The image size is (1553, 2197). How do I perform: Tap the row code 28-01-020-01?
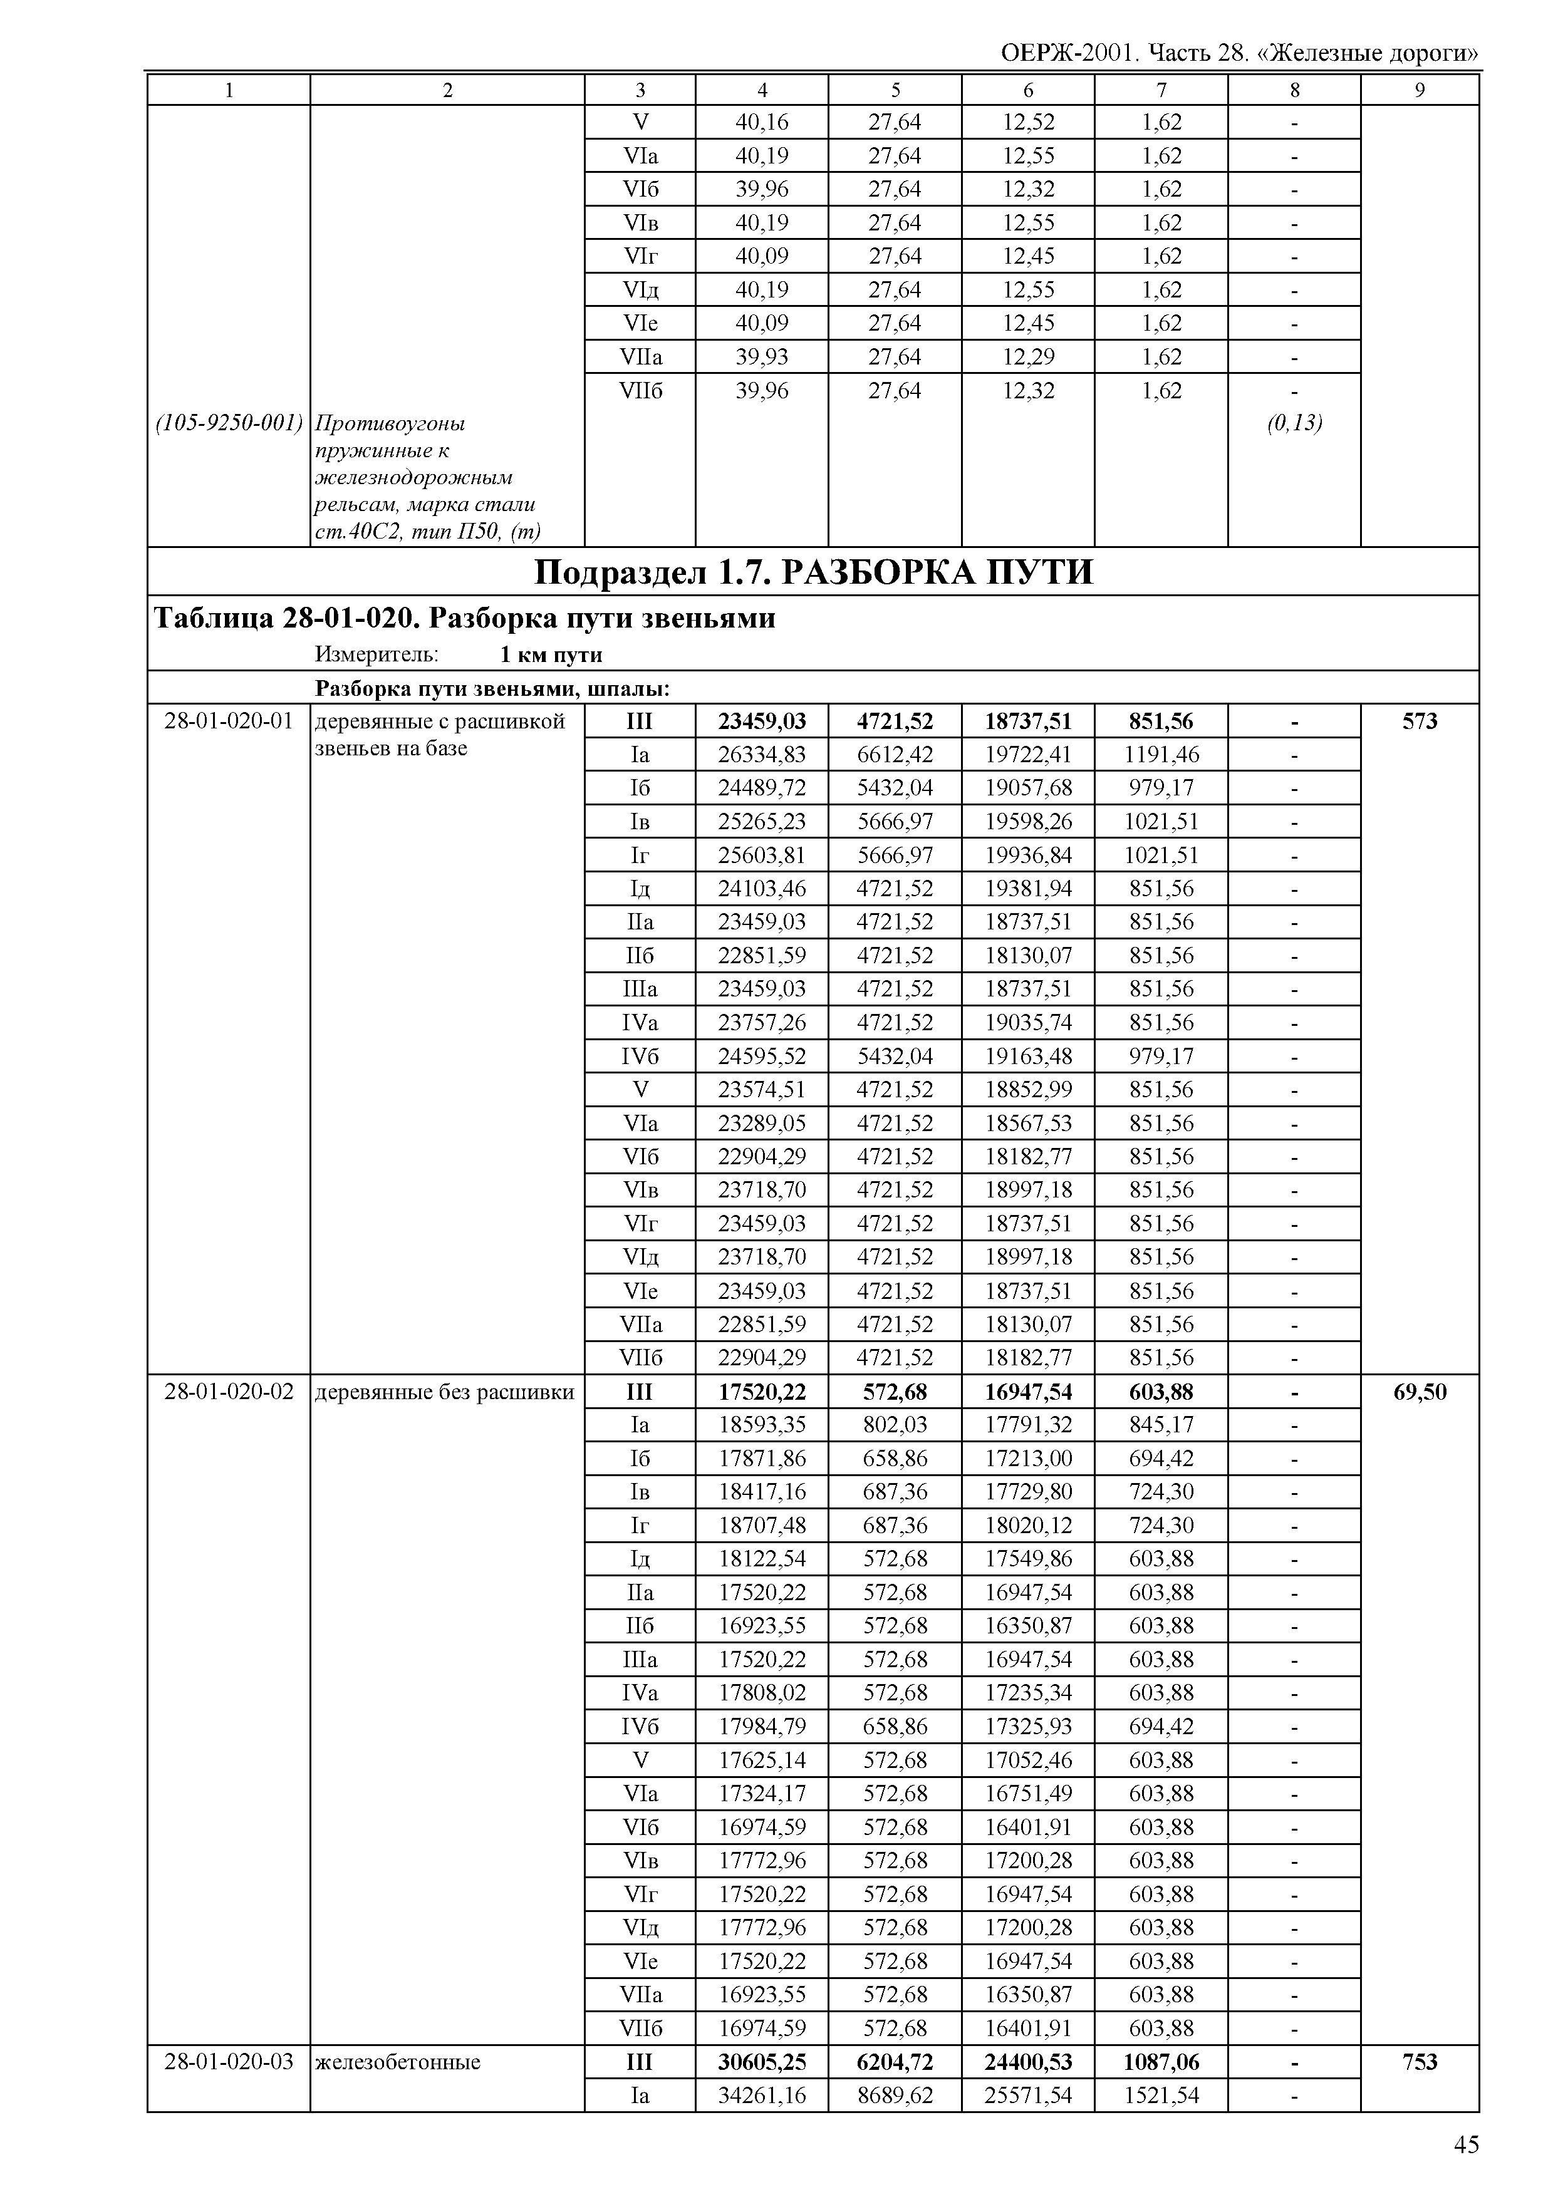[229, 720]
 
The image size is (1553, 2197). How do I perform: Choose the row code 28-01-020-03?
[229, 2061]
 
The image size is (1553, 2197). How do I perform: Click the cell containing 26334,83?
[762, 755]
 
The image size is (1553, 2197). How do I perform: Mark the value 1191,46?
[1161, 755]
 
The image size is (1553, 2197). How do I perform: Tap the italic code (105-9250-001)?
[229, 422]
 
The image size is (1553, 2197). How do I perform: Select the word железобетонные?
[397, 2061]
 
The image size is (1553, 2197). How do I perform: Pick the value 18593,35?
[762, 1425]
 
